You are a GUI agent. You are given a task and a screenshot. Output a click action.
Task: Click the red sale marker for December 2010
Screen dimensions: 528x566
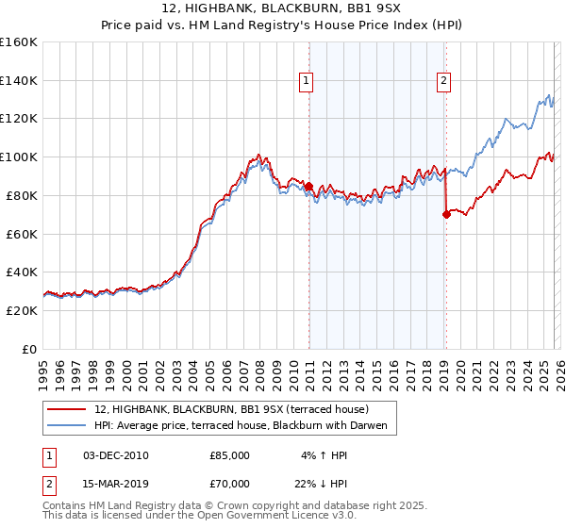[308, 187]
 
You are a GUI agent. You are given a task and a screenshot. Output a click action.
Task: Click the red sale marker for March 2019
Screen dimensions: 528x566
[446, 215]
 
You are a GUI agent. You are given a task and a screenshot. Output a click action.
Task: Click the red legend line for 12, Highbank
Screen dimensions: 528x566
[66, 409]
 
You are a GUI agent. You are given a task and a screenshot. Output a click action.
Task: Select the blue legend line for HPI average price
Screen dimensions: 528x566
[66, 425]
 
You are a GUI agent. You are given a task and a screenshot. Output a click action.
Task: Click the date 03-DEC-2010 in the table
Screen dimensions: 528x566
[116, 455]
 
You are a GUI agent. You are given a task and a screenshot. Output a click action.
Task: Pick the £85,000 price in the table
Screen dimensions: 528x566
[229, 455]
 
